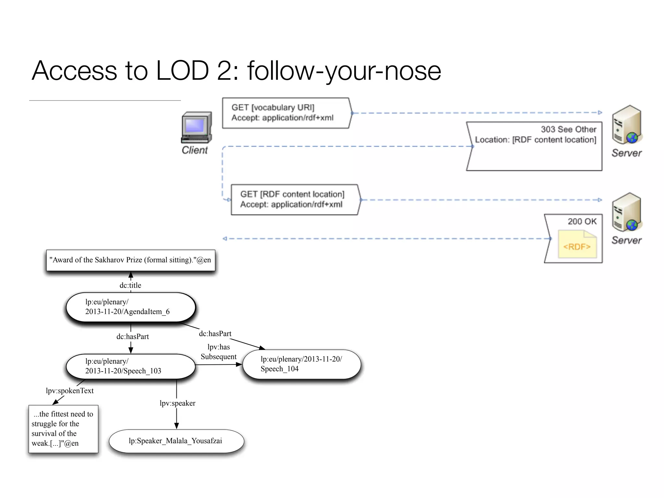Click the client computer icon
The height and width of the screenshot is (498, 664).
[x=196, y=127]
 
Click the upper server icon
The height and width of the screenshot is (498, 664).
[x=626, y=125]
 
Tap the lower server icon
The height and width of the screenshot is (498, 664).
[x=626, y=212]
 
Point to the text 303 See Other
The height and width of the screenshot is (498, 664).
[x=568, y=129]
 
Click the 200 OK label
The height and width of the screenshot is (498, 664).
[x=582, y=221]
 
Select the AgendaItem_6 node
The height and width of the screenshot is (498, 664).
[x=131, y=307]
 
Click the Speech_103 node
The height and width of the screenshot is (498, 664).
[x=131, y=366]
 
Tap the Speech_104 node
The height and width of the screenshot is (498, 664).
[x=302, y=364]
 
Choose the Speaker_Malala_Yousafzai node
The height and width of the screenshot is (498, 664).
[x=176, y=441]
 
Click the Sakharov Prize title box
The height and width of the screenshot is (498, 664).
[x=130, y=260]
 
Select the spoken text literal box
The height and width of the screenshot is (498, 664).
[x=63, y=429]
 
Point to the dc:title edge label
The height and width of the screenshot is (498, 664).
[x=130, y=285]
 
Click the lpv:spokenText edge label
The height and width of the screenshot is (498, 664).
[x=70, y=391]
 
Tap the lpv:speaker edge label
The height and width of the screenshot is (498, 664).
[x=177, y=403]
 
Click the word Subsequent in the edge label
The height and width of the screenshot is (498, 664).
[x=219, y=357]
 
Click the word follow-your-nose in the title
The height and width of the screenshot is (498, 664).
[x=344, y=71]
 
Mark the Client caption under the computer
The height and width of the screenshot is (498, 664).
[x=195, y=150]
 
